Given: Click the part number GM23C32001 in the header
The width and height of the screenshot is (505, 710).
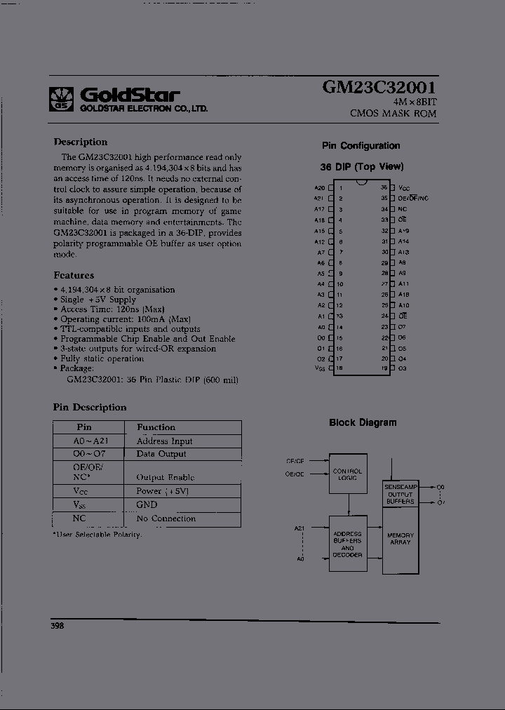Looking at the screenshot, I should (379, 88).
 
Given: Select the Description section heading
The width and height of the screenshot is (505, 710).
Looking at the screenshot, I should (81, 142).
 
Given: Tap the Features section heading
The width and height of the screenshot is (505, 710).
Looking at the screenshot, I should (74, 275).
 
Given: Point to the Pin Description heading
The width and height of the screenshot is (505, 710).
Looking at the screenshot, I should (90, 407).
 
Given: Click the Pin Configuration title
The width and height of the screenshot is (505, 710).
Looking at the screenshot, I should (361, 146).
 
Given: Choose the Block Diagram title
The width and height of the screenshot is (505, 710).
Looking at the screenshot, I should (363, 422).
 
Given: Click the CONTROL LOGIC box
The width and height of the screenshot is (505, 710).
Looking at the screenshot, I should (347, 475).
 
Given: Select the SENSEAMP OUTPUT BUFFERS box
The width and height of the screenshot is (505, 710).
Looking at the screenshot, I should (400, 494).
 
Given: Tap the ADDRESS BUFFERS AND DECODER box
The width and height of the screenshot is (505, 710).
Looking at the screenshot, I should (347, 544).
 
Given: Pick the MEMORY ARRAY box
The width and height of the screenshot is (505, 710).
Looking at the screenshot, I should (400, 538).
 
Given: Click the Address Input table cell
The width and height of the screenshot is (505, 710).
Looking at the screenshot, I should (164, 441).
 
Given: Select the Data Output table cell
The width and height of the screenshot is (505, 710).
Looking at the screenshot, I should (161, 454).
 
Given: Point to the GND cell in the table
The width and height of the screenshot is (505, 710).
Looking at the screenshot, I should (147, 504).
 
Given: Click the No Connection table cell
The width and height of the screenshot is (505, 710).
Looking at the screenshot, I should (166, 518).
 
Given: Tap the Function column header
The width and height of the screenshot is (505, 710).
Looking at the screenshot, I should (156, 427).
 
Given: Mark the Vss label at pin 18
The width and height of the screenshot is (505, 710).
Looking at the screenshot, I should (319, 368).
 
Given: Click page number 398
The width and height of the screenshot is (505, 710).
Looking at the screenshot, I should (57, 625).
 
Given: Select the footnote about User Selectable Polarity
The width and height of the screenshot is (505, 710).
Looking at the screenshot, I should (97, 535).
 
